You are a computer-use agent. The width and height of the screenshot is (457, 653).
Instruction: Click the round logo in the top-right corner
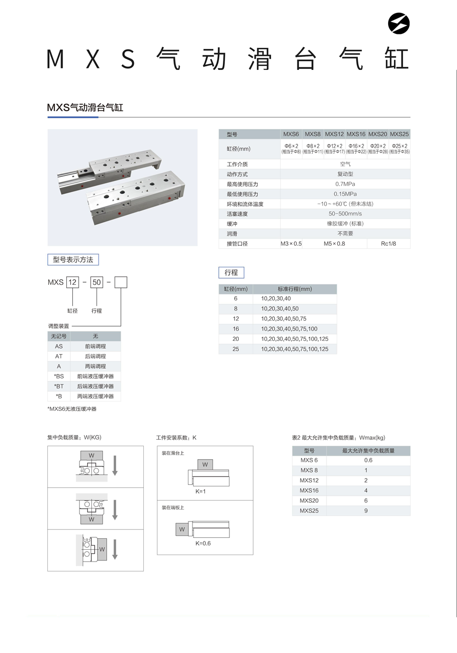click(398, 23)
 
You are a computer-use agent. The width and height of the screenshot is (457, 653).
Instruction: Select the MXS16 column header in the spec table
click(356, 134)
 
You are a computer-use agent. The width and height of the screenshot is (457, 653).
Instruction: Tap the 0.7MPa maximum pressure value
click(345, 184)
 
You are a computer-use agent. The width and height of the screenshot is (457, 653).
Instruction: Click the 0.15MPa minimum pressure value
click(345, 194)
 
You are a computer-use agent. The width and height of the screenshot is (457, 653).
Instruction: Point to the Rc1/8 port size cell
click(388, 244)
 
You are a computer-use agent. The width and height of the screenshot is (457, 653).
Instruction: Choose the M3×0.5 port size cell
click(291, 244)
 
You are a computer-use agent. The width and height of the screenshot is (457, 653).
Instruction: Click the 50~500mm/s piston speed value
click(345, 214)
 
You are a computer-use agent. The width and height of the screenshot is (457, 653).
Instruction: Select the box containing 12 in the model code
click(72, 282)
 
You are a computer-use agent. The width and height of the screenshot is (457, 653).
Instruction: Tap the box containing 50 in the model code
click(97, 282)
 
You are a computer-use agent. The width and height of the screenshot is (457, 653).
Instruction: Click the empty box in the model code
click(121, 282)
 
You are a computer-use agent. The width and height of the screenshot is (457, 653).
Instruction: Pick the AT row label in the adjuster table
click(59, 356)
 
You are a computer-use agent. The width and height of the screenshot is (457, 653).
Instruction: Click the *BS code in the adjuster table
click(59, 376)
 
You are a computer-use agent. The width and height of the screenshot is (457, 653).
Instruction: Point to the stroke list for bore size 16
click(289, 329)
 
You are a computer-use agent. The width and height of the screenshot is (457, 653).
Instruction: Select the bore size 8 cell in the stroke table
click(236, 309)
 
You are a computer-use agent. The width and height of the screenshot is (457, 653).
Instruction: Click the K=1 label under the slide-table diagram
click(200, 492)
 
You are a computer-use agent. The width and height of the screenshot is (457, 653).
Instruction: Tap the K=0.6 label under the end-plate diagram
click(203, 543)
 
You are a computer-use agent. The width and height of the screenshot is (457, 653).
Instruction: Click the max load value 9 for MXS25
click(366, 511)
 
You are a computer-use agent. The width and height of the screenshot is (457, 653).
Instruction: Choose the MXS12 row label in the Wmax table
click(309, 480)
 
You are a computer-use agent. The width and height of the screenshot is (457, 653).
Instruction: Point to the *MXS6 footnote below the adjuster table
click(72, 409)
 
